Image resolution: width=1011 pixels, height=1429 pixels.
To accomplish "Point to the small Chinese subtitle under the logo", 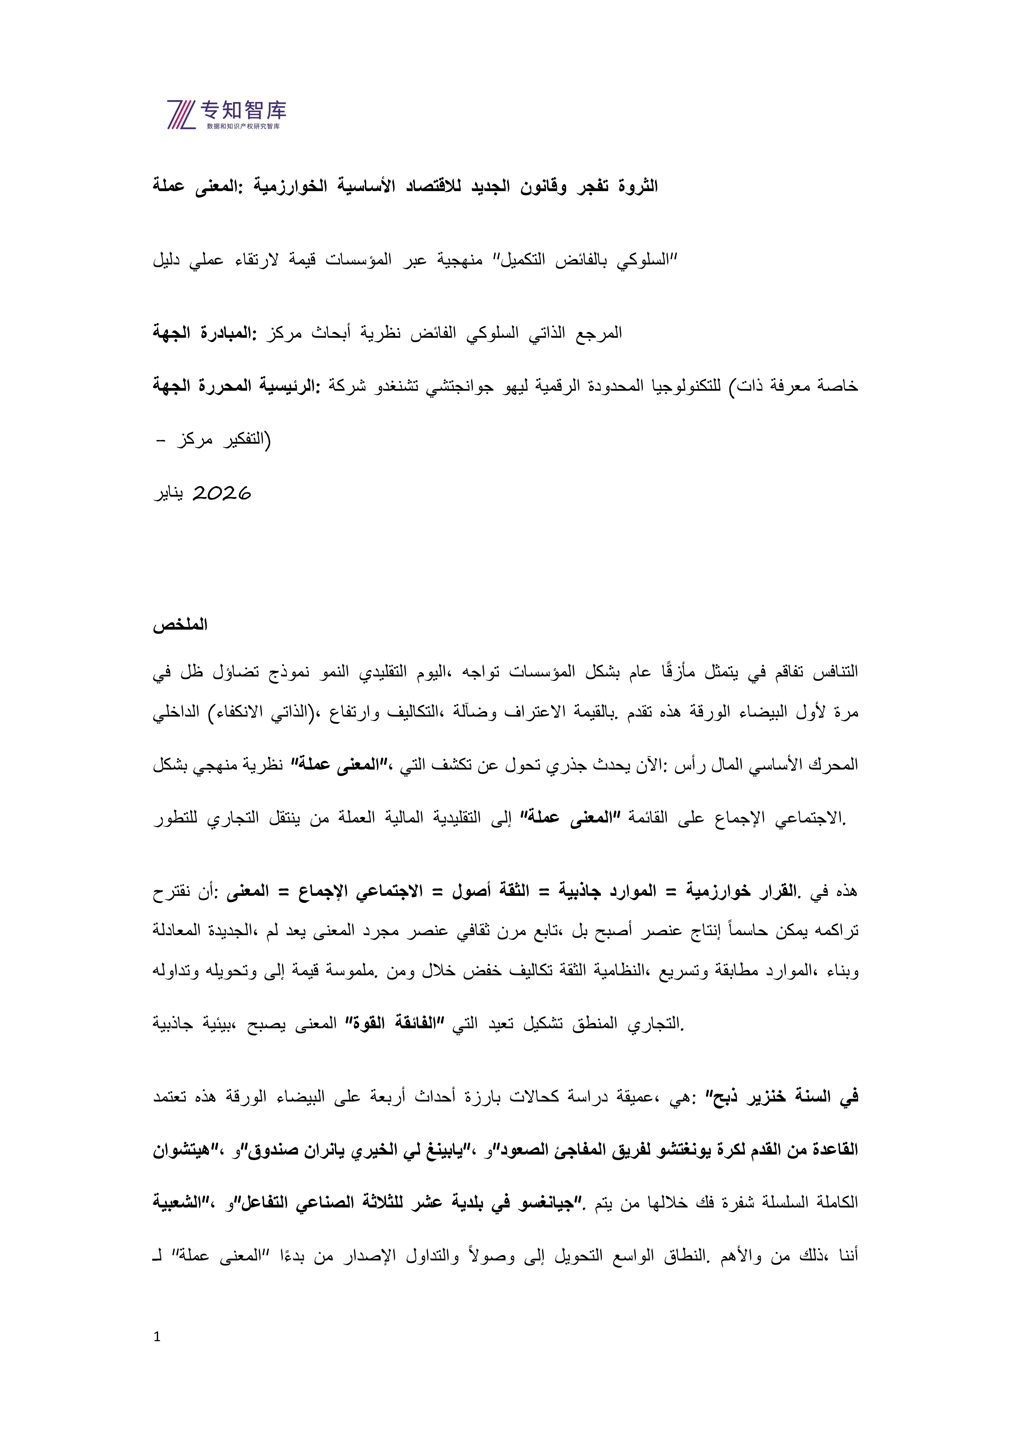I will pos(243,126).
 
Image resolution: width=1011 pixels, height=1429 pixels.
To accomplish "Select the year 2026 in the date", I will pos(222,494).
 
